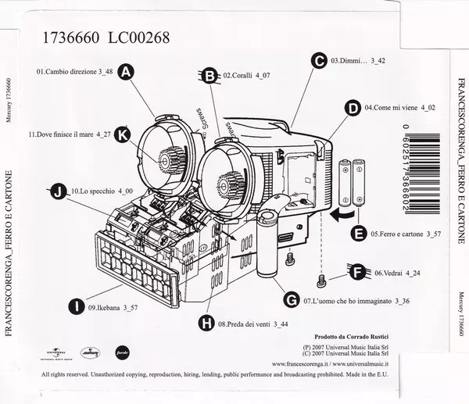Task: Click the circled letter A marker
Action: [127, 71]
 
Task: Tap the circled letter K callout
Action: [121, 134]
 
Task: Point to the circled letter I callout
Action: [76, 307]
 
